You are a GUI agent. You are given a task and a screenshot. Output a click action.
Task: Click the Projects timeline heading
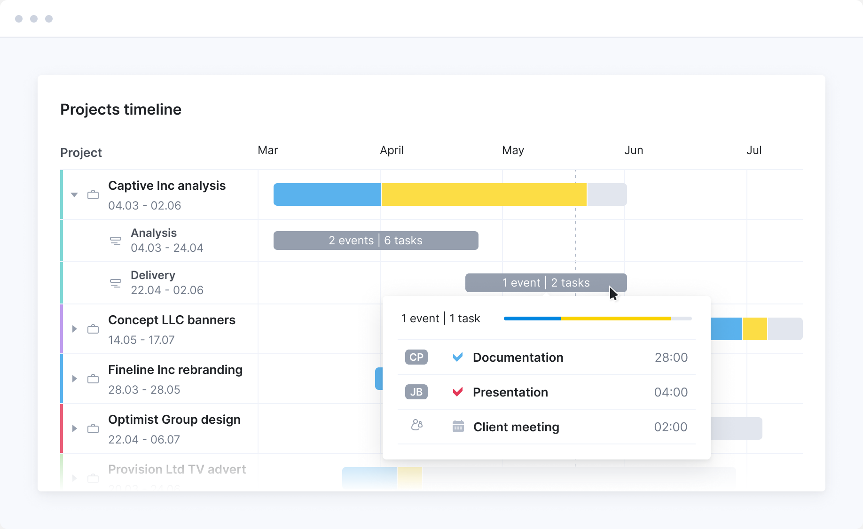point(121,109)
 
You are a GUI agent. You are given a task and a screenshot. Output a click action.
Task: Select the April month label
point(392,150)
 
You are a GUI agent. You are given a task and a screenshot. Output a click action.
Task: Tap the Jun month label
point(633,150)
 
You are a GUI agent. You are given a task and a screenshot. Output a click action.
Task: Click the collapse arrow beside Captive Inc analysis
point(74,194)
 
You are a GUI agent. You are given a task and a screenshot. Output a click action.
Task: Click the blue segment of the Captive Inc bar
point(327,194)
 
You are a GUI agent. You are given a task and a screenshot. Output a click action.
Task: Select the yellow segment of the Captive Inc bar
point(484,194)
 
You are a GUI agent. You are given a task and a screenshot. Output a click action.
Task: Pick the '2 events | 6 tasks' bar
point(376,241)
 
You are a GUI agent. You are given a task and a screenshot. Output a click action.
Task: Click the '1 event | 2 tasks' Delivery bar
point(546,283)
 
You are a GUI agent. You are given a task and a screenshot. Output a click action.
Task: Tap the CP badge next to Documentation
point(416,358)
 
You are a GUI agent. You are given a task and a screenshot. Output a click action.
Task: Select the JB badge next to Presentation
point(416,392)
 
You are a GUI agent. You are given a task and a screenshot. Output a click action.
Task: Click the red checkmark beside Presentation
point(458,392)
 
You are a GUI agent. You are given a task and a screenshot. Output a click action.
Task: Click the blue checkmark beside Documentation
point(458,357)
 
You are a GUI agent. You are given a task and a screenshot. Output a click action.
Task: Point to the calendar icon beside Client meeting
point(458,427)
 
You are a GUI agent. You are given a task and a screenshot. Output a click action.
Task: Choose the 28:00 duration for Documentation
point(671,358)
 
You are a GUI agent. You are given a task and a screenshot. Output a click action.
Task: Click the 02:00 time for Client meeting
point(670,427)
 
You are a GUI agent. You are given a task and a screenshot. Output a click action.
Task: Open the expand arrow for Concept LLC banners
point(74,329)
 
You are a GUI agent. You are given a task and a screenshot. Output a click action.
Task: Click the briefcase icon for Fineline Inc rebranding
point(93,379)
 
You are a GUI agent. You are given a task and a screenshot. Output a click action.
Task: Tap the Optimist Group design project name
point(174,420)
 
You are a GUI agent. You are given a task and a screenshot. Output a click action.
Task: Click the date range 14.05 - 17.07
point(141,340)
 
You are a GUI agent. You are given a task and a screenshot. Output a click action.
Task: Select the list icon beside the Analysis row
point(115,241)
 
